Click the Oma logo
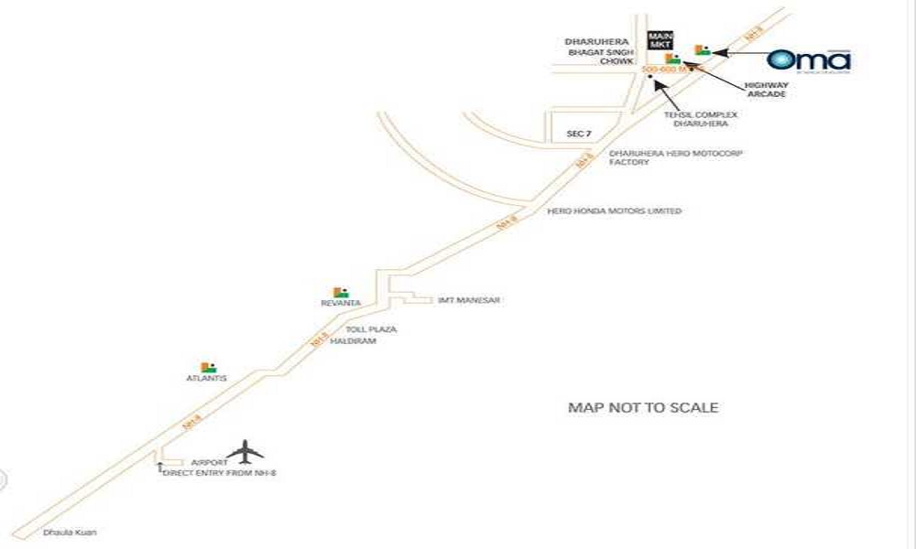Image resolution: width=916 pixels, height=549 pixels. click(x=809, y=60)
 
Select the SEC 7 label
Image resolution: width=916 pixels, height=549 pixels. click(x=578, y=134)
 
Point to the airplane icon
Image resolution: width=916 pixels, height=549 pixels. click(x=245, y=451)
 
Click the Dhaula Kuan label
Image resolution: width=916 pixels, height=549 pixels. click(x=70, y=533)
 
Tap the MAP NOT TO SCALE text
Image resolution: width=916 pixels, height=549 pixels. click(x=643, y=408)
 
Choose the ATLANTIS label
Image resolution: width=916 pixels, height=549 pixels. click(x=207, y=378)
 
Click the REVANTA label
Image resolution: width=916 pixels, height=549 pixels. click(x=341, y=303)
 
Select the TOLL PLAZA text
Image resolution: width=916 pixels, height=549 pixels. click(x=371, y=328)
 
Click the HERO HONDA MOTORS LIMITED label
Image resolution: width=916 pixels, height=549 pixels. click(x=614, y=211)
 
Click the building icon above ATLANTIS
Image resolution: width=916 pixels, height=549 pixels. click(x=209, y=367)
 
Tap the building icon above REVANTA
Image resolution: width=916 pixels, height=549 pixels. click(x=341, y=292)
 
